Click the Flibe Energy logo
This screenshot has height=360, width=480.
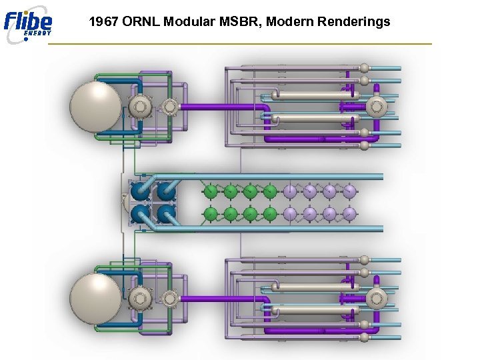28,24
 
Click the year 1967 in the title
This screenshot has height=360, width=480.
103,22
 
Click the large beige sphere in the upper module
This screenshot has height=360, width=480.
95,106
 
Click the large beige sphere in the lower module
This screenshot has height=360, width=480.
95,297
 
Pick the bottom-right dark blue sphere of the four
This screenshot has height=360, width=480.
166,214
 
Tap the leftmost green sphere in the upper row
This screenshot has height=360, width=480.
210,192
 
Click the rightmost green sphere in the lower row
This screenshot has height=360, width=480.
270,214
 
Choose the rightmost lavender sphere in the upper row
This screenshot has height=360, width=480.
350,192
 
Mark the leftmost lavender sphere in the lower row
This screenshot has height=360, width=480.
290,214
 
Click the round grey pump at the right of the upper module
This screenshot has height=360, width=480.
377,107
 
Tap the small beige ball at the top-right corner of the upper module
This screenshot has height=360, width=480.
364,68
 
